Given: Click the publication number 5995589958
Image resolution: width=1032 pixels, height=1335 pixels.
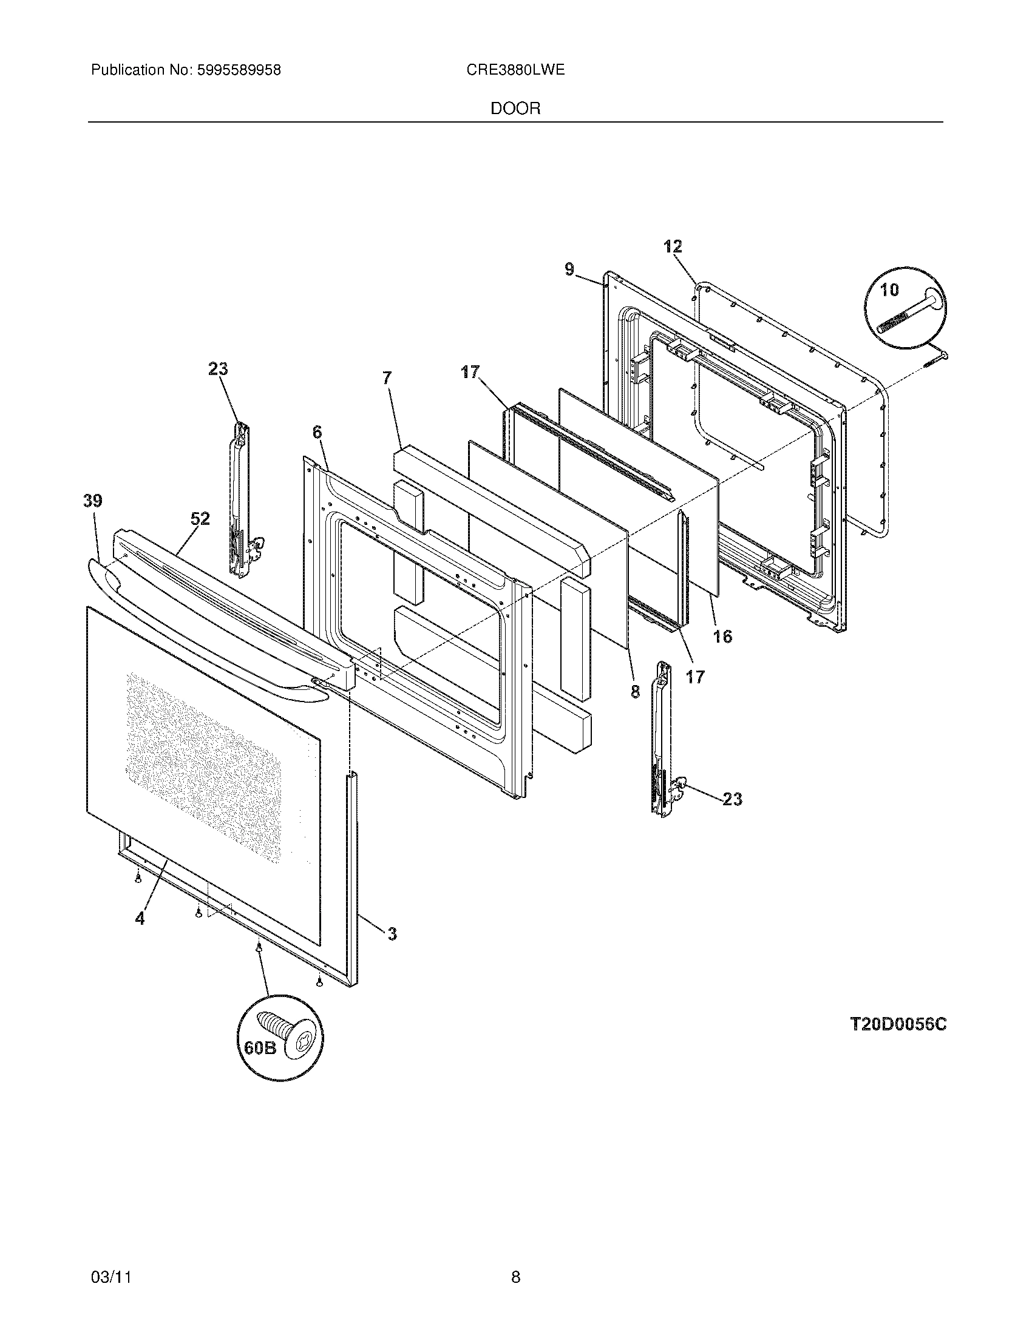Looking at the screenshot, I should (239, 70).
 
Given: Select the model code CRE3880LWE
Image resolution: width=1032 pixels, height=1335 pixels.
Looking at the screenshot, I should (515, 70).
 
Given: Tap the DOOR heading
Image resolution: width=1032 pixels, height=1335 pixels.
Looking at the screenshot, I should (515, 109).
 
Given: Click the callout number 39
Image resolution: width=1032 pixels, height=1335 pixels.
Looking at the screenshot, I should (93, 501).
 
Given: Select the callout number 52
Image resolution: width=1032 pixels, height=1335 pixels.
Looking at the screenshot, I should (200, 519).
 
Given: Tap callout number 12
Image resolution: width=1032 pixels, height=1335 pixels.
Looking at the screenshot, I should (673, 247).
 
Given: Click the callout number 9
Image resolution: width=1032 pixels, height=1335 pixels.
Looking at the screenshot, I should (569, 269).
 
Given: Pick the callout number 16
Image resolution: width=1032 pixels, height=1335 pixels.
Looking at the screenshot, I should (722, 637).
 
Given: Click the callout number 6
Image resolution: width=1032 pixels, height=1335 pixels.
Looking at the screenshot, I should (317, 432).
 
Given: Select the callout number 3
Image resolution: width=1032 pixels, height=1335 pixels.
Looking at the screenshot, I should (392, 933).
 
